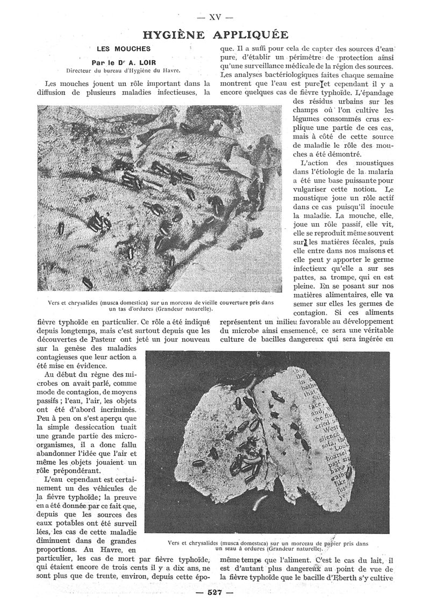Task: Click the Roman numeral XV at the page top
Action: (215, 16)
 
